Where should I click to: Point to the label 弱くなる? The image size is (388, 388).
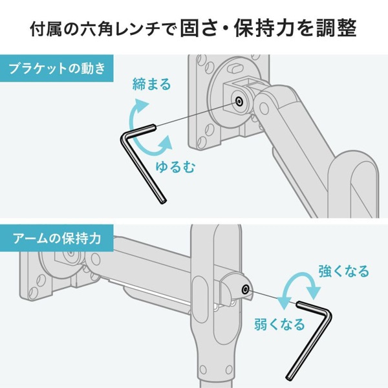[279, 324]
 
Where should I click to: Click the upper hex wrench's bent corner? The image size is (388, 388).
[125, 135]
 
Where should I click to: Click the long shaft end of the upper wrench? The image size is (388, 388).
[163, 201]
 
